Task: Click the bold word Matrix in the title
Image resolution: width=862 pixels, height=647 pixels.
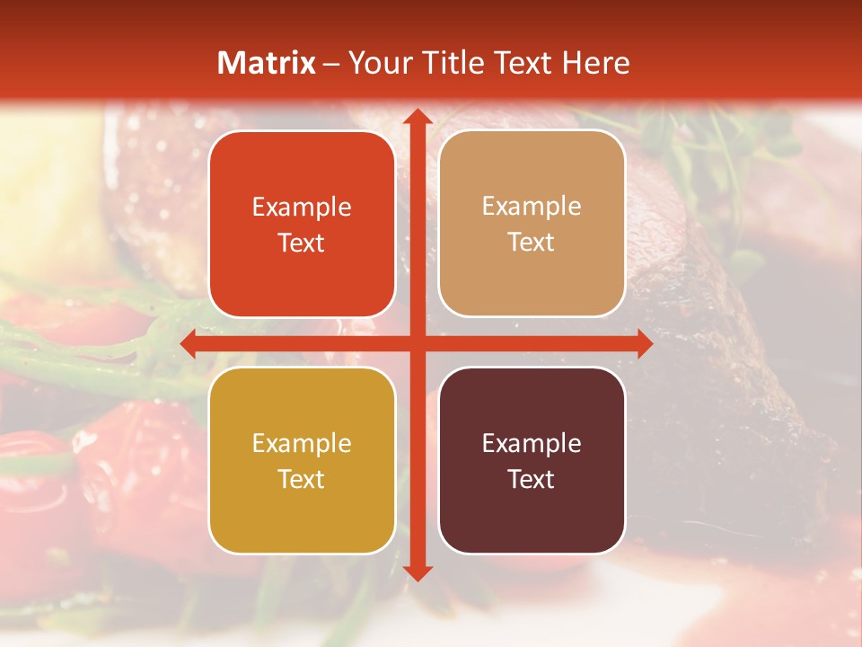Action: pos(267,63)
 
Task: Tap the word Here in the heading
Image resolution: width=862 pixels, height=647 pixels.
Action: pos(595,63)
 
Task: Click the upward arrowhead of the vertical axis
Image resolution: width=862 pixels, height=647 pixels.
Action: pos(416,119)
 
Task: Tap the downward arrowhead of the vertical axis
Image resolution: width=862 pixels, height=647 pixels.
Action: pos(416,572)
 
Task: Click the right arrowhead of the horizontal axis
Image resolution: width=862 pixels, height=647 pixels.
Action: pos(643,344)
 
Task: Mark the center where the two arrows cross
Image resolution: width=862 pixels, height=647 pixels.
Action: pos(416,344)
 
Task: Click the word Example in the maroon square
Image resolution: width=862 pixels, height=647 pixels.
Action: pos(532,443)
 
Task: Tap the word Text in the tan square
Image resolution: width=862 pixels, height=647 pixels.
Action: pos(532,243)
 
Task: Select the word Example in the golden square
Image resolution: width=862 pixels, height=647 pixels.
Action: pos(302,443)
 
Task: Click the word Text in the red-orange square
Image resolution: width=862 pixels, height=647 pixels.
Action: pos(302,244)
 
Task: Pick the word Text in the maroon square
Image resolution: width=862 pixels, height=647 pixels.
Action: pos(532,479)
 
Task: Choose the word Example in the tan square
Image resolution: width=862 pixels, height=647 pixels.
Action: pos(532,207)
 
